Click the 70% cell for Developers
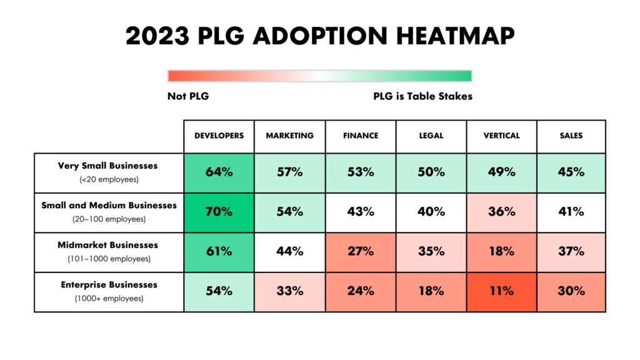point(219,212)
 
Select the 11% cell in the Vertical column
point(501,291)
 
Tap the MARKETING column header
point(289,136)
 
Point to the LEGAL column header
point(431,136)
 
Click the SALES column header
point(571,136)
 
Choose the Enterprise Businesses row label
point(109,285)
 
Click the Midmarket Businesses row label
point(109,246)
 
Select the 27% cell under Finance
point(361,252)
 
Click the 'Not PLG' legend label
point(188,97)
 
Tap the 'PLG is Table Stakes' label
point(422,97)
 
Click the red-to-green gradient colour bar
point(319,76)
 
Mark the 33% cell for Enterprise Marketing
point(289,291)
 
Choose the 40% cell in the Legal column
point(431,212)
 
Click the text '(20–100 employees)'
point(109,219)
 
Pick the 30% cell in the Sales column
point(571,291)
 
